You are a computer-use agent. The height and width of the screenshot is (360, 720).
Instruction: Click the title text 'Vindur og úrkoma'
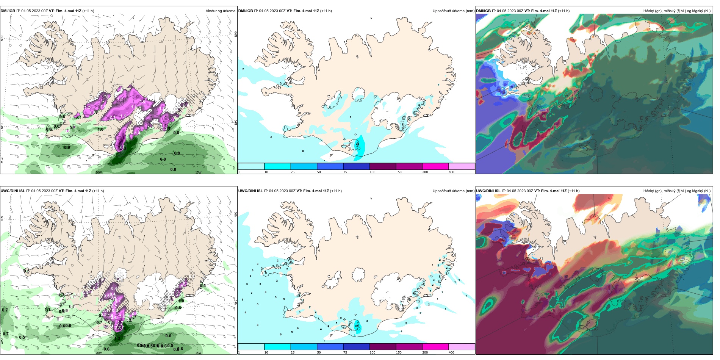[x=220, y=11]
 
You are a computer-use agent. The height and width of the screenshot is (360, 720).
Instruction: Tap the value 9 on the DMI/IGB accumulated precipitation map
[x=350, y=117]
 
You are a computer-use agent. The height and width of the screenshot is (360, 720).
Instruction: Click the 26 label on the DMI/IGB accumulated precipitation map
[x=357, y=144]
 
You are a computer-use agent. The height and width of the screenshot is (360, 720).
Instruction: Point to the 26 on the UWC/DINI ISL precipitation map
[x=357, y=326]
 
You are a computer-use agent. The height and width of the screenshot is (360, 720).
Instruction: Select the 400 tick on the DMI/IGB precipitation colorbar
[x=451, y=172]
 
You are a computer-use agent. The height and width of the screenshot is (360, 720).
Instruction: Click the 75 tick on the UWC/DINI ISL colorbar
[x=345, y=352]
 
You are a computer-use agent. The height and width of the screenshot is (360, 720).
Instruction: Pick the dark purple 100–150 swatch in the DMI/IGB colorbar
[x=383, y=166]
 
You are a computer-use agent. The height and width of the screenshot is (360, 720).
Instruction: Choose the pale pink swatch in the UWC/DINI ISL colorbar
[x=462, y=347]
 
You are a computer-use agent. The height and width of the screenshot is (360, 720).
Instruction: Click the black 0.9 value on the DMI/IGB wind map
[x=67, y=147]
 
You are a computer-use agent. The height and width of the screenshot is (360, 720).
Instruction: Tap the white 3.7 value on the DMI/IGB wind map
[x=121, y=147]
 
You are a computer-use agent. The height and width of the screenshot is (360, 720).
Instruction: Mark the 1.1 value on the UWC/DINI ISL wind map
[x=47, y=310]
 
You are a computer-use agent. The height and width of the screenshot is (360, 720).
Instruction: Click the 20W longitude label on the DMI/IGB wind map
[x=99, y=172]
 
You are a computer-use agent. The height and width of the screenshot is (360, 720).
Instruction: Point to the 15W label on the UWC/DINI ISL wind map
[x=198, y=353]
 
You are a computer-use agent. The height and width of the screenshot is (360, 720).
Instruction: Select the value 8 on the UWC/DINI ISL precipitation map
[x=258, y=325]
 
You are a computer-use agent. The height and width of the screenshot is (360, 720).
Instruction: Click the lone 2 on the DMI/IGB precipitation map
[x=243, y=69]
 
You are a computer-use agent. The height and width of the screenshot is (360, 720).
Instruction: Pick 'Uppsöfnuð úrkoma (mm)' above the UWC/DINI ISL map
[x=453, y=191]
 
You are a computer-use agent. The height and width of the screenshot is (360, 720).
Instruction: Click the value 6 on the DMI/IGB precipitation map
[x=271, y=138]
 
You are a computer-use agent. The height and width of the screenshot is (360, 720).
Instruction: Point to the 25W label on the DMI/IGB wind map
[x=2, y=160]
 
